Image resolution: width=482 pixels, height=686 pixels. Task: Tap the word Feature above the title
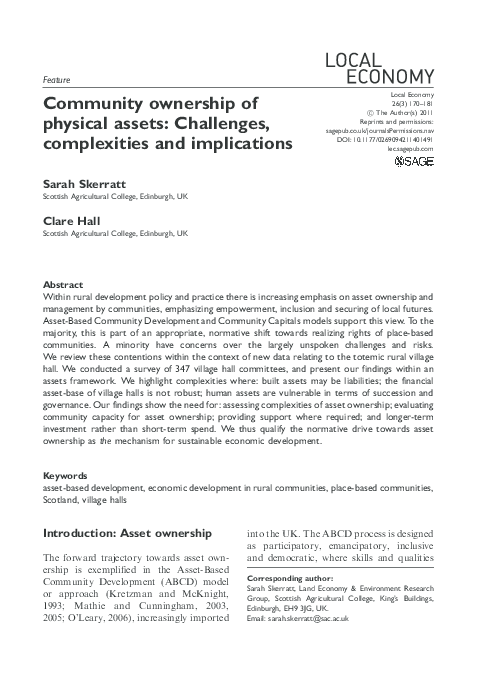click(x=57, y=79)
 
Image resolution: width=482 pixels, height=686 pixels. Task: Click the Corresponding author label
click(x=289, y=579)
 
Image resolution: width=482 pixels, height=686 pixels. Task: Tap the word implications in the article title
click(x=237, y=143)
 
